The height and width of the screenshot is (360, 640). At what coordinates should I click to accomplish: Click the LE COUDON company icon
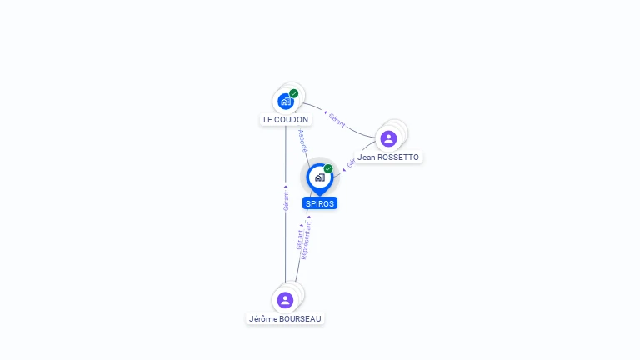[286, 102]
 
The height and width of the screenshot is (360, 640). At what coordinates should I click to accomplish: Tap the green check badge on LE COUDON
[294, 93]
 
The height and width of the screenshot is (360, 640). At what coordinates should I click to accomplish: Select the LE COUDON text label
[286, 120]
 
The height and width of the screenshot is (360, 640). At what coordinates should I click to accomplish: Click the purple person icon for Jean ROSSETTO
[388, 138]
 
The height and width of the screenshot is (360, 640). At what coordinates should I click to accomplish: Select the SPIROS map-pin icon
[319, 177]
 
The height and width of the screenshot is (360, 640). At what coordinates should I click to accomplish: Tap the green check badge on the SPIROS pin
[328, 168]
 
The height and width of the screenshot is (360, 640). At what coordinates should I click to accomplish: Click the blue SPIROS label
[320, 203]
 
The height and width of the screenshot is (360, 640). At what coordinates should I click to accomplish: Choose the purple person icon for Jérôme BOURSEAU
[285, 300]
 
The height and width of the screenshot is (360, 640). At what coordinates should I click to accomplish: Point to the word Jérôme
[262, 318]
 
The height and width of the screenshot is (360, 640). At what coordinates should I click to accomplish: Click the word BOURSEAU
[300, 318]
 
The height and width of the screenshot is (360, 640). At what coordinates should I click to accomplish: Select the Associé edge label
[302, 140]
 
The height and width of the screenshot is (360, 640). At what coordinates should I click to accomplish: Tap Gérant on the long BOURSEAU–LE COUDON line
[286, 201]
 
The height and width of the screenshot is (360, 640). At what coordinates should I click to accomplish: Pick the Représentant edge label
[307, 240]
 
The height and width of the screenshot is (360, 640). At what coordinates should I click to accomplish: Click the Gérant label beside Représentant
[300, 240]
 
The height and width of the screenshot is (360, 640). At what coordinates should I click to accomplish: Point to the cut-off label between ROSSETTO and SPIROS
[351, 163]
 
